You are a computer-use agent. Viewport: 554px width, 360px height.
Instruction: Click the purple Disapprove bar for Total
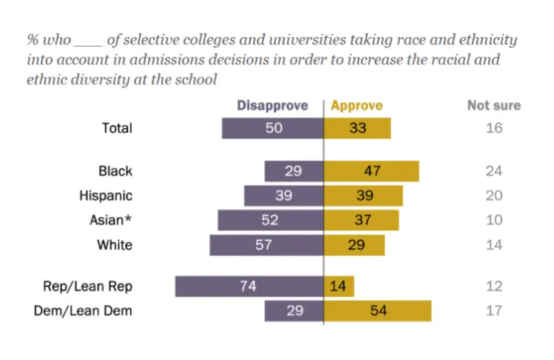[x=273, y=127]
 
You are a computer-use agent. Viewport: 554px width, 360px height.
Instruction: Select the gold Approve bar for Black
[x=372, y=171]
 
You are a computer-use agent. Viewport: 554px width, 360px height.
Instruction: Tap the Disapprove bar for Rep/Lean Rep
[x=250, y=287]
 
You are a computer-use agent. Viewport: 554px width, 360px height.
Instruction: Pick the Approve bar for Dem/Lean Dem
[x=378, y=310]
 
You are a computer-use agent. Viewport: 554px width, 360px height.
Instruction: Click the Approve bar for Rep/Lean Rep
[x=339, y=287]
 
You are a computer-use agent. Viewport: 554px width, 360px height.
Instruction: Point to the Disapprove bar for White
[x=267, y=245]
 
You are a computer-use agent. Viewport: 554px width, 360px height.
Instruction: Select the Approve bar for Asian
[x=361, y=220]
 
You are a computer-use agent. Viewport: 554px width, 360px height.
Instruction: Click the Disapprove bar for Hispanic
[x=284, y=196]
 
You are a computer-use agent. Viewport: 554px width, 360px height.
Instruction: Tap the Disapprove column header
[x=272, y=105]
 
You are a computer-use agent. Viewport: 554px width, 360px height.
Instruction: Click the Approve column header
[x=356, y=105]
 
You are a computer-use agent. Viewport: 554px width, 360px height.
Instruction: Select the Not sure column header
[x=494, y=105]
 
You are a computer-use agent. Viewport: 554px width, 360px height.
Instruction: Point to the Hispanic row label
[x=106, y=196]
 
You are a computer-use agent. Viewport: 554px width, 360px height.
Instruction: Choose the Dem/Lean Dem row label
[x=84, y=310]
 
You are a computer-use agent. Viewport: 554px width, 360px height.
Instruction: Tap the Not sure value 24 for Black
[x=495, y=171]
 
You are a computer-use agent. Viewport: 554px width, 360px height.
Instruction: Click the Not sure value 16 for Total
[x=495, y=127]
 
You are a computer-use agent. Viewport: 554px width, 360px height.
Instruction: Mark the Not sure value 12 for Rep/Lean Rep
[x=495, y=287]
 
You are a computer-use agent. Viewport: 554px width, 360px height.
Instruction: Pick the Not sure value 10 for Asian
[x=495, y=220]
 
